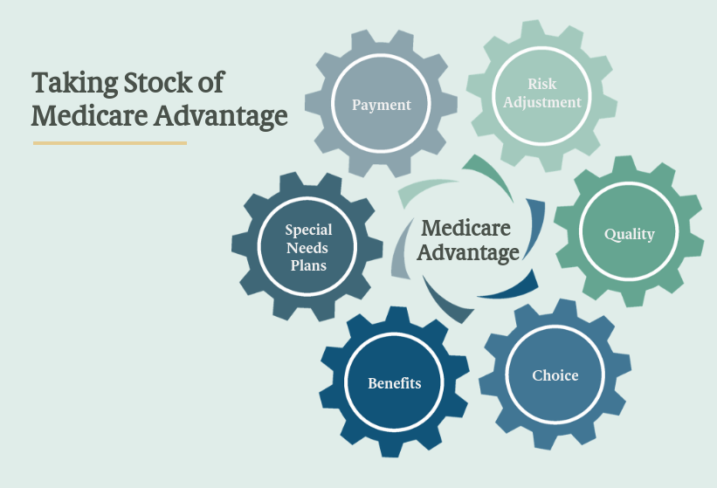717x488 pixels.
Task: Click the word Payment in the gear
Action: [381, 105]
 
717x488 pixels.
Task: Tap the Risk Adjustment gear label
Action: [541, 93]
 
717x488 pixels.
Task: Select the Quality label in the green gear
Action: [629, 234]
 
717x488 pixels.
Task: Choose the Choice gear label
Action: [555, 375]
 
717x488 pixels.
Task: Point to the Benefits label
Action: [395, 383]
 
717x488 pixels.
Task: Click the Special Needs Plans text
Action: [308, 247]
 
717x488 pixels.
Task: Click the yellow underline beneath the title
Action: [110, 142]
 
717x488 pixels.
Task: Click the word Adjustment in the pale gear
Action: [541, 102]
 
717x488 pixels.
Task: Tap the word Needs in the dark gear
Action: [307, 247]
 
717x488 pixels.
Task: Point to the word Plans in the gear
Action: [308, 264]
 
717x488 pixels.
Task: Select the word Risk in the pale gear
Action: [541, 85]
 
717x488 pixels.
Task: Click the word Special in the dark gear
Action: [308, 230]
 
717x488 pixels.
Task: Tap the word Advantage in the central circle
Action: [470, 253]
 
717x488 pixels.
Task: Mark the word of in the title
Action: [210, 83]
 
